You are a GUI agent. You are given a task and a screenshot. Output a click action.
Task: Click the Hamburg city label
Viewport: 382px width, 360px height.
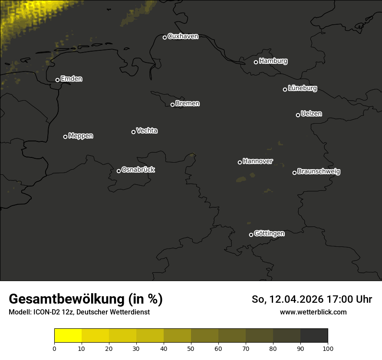point(273,61)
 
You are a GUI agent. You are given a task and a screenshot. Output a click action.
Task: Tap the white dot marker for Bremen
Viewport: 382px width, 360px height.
point(172,105)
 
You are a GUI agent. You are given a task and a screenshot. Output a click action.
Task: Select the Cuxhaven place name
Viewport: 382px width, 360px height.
point(183,36)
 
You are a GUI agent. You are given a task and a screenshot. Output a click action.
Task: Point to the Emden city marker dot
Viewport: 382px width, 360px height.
point(57,80)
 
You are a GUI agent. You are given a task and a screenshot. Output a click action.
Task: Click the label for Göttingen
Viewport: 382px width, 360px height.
point(269,234)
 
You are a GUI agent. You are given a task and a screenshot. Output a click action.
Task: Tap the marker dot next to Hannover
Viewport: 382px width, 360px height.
point(240,162)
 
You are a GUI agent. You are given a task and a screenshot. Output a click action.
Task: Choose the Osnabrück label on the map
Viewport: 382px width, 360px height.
point(138,170)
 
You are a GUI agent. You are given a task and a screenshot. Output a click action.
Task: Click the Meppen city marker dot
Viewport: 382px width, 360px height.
point(65,137)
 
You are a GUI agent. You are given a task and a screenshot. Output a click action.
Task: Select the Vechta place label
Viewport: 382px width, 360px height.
point(147,131)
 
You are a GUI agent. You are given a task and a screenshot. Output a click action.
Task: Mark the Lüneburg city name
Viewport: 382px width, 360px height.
point(302,88)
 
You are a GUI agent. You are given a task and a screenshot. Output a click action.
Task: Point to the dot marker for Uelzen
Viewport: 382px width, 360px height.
point(298,115)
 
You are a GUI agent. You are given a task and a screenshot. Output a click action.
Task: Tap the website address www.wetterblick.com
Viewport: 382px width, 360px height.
point(313,312)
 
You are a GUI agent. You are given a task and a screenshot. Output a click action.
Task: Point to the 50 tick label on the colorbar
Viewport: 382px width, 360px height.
point(191,348)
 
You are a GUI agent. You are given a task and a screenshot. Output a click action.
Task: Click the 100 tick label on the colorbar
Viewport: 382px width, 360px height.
point(328,348)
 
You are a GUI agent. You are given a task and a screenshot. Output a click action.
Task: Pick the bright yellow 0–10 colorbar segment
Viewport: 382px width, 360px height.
point(68,336)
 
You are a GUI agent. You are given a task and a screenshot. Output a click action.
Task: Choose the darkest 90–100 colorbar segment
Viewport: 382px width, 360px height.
point(314,336)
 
